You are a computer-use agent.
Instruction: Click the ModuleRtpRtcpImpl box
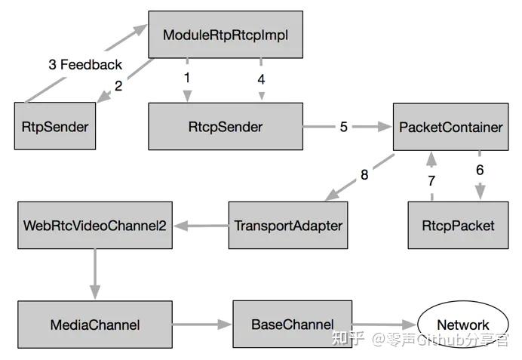pos(226,34)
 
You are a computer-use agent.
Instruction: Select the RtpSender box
pos(55,126)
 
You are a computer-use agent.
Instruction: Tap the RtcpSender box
pos(226,126)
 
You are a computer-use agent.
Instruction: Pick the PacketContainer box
pos(450,127)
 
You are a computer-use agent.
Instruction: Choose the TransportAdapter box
pos(288,225)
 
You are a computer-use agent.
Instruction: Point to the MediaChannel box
pos(95,325)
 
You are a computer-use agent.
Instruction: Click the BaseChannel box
pos(292,324)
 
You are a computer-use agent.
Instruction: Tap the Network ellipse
pos(463,325)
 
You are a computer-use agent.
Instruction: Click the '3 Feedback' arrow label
pos(85,65)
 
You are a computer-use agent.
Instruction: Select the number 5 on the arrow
pos(344,127)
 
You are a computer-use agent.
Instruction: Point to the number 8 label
pos(364,175)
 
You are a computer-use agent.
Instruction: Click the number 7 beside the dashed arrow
pos(431,181)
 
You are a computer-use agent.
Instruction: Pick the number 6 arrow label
pos(480,171)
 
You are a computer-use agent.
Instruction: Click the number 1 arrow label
pos(187,78)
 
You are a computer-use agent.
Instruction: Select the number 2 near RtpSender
pos(118,86)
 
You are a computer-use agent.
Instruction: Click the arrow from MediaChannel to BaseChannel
pos(202,325)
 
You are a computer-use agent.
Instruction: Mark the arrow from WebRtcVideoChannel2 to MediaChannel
pos(95,275)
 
